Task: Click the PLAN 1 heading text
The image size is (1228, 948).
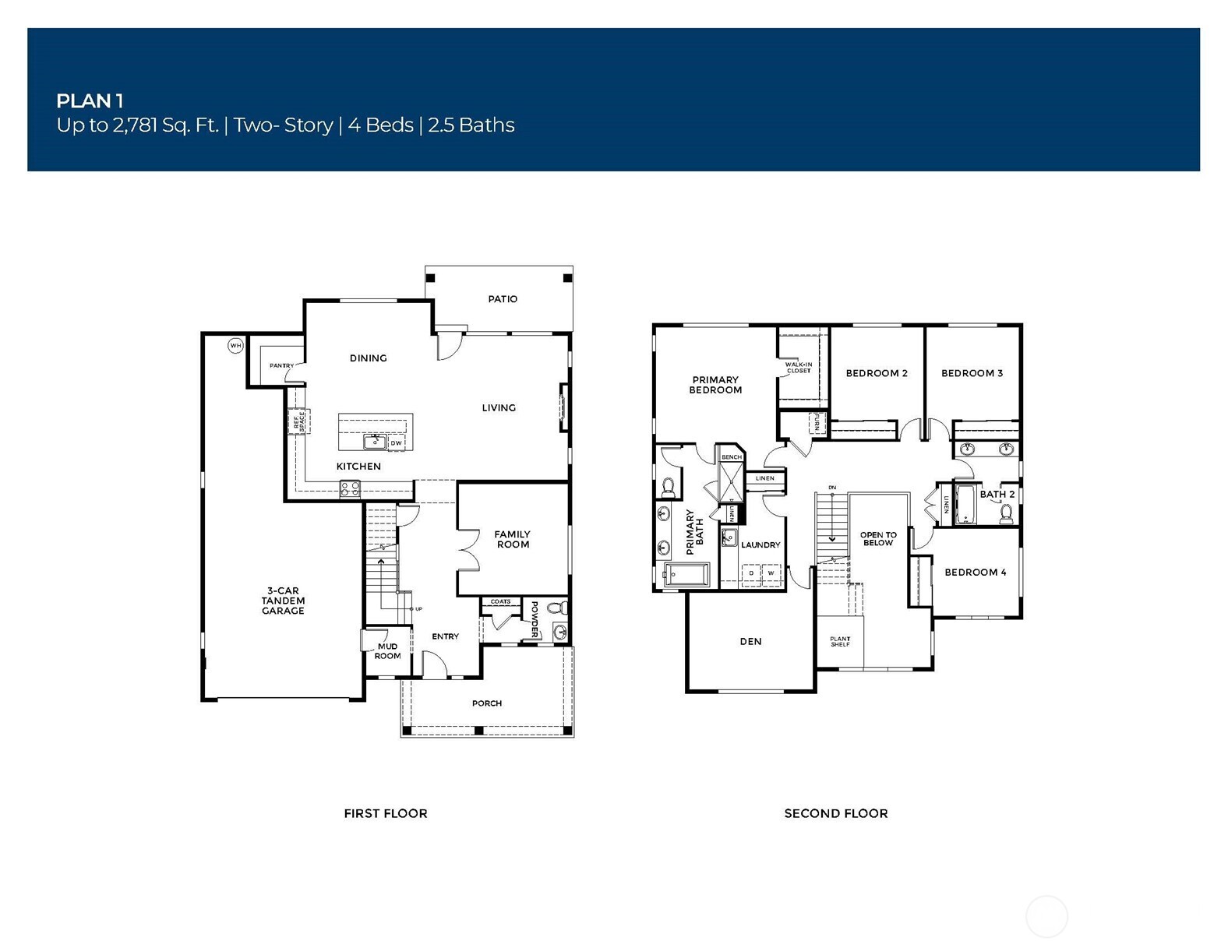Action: click(90, 100)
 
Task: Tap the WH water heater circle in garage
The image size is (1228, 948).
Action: click(235, 345)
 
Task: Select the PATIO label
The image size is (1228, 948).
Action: click(503, 299)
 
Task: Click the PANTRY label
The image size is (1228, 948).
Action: click(281, 365)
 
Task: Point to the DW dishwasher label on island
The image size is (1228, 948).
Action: click(397, 443)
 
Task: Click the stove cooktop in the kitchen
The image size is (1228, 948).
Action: click(350, 488)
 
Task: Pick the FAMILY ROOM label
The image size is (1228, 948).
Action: click(512, 539)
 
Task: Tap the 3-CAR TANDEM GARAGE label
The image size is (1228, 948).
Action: click(283, 601)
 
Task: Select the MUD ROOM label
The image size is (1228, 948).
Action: click(387, 651)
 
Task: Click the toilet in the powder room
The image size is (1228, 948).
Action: click(557, 608)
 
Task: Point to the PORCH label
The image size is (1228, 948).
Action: click(487, 703)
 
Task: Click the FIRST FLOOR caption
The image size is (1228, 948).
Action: click(386, 813)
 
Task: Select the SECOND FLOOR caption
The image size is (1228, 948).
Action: click(835, 813)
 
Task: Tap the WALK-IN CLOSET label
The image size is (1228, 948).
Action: click(798, 367)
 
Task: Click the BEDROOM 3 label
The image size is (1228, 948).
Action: click(972, 373)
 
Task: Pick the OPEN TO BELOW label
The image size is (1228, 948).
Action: click(878, 539)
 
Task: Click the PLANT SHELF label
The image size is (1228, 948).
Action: click(840, 642)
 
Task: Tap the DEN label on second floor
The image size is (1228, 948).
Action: click(750, 642)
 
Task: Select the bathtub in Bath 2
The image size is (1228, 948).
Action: click(965, 505)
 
